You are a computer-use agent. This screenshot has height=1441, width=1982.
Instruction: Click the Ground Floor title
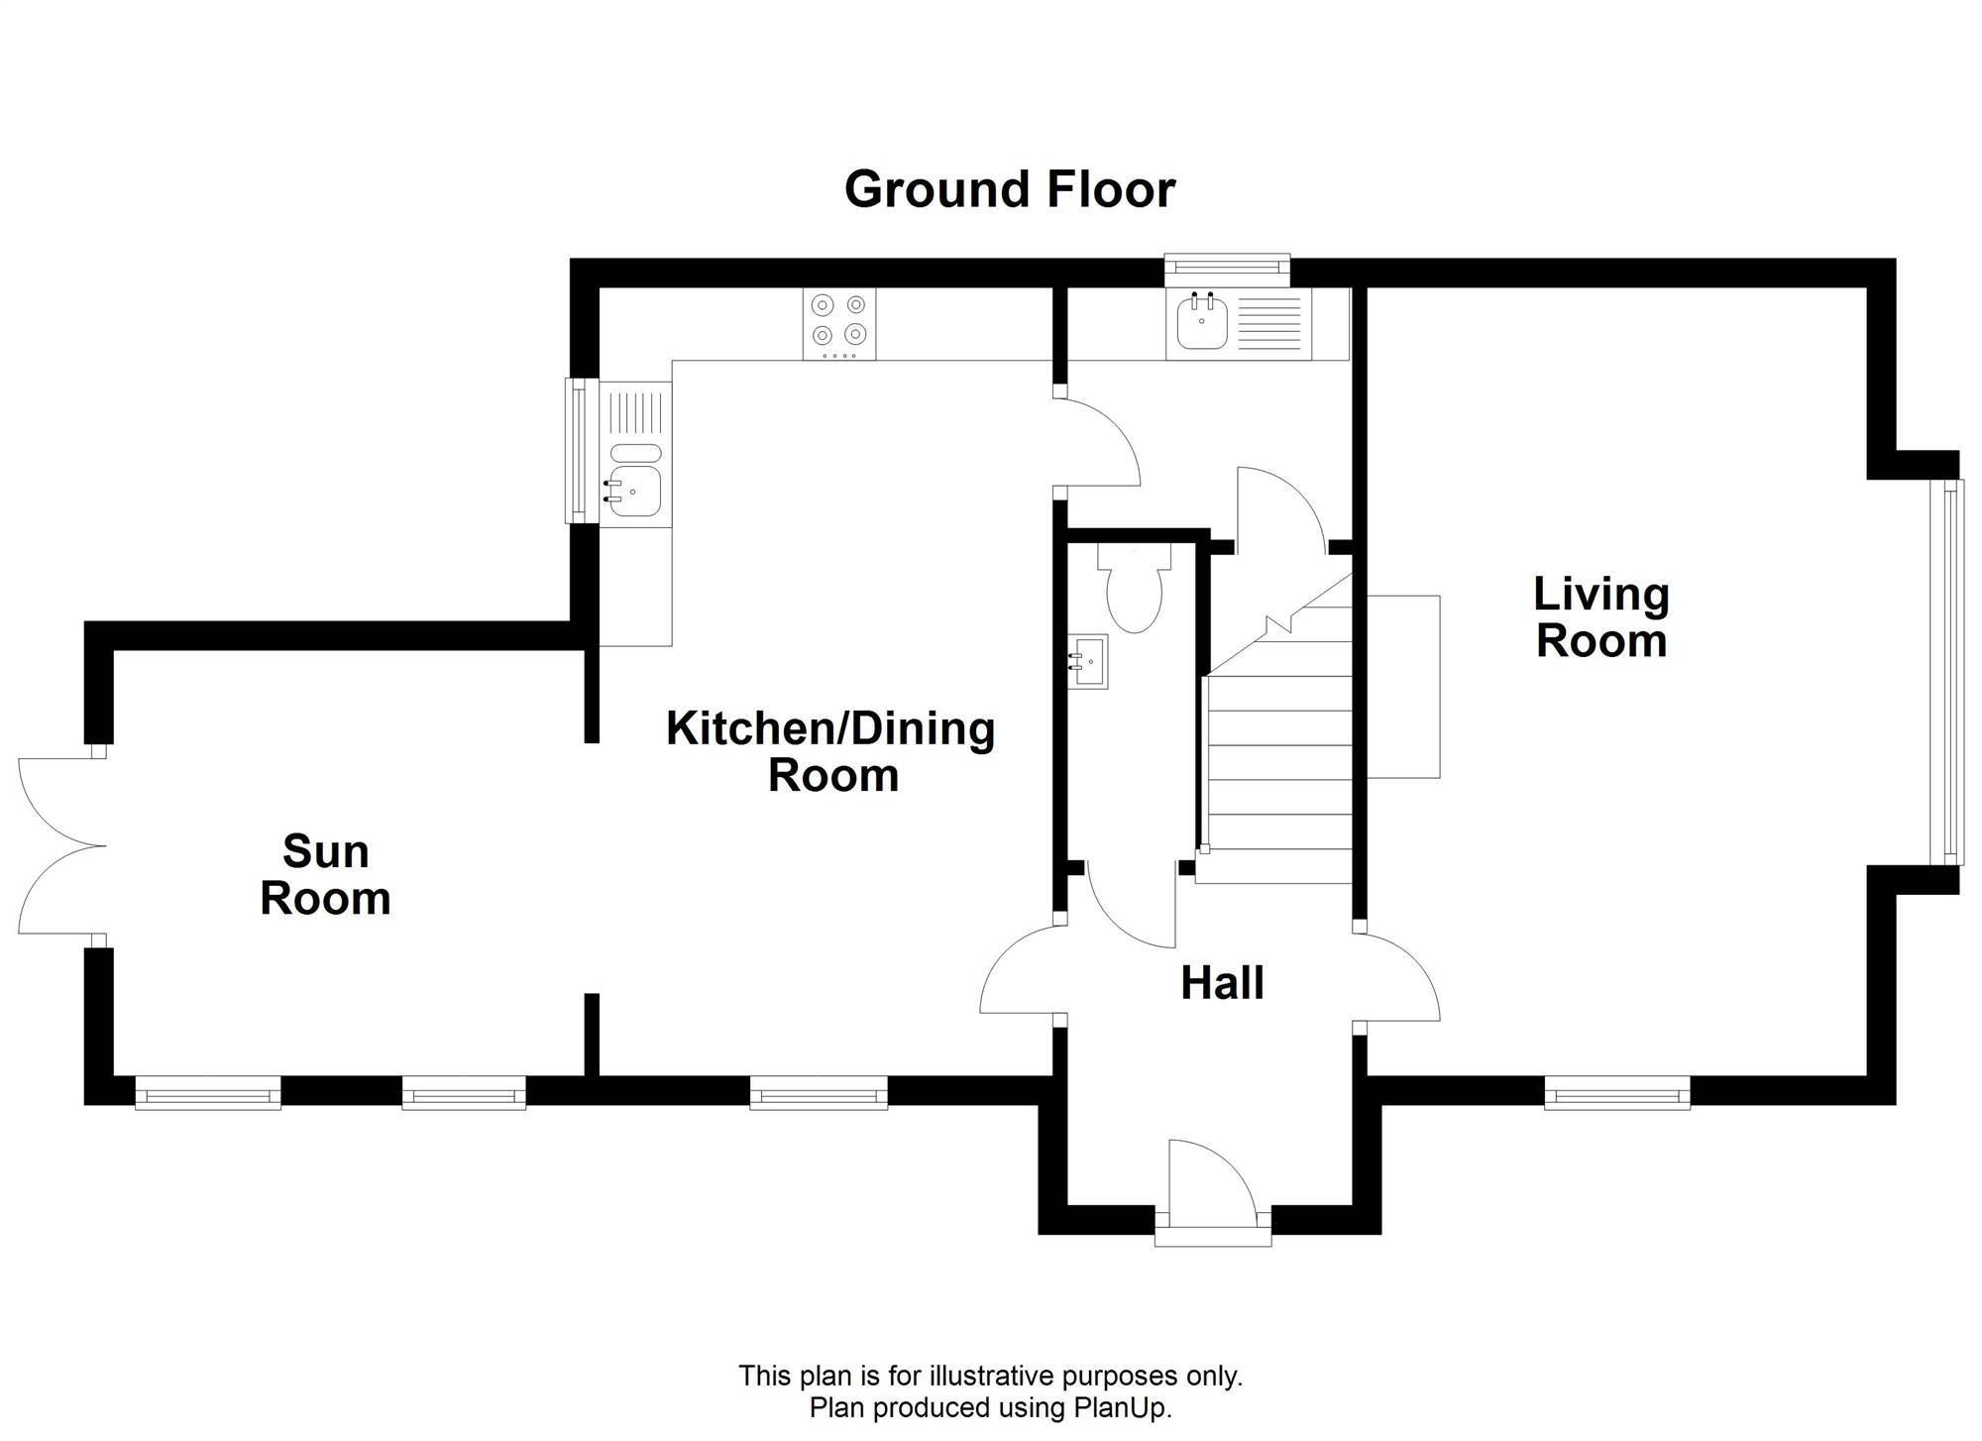(x=1009, y=189)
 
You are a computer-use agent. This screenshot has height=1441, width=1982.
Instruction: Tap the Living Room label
(x=1601, y=617)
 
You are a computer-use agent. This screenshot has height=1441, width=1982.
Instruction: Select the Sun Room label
(x=325, y=875)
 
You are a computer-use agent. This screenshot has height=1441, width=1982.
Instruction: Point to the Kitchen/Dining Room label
(x=830, y=751)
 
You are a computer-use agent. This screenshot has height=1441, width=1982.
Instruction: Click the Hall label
(x=1222, y=983)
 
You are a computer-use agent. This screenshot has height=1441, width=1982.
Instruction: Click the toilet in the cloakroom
(x=1134, y=589)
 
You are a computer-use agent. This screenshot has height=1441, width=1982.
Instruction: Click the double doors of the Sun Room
(x=61, y=846)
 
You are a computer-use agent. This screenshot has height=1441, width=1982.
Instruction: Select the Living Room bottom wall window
(x=1617, y=1094)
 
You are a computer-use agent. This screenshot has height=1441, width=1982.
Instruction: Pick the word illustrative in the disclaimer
(x=993, y=1376)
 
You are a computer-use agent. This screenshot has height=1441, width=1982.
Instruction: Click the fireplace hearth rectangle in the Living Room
(x=1403, y=687)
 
